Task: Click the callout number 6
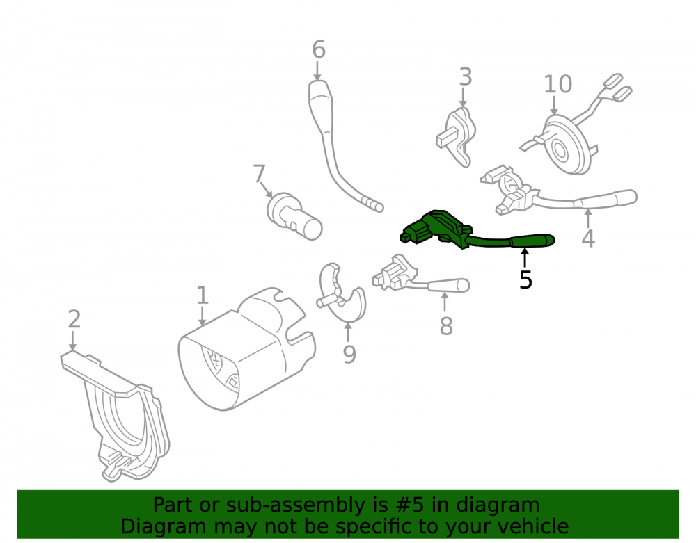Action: [x=319, y=49]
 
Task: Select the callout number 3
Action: [x=465, y=77]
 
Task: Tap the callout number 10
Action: [x=558, y=84]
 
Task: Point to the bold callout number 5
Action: [x=525, y=280]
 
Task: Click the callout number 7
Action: [x=260, y=174]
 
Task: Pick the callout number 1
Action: [x=203, y=295]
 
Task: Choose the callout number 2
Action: [x=74, y=319]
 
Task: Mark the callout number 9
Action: [x=349, y=354]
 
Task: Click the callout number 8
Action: [x=446, y=326]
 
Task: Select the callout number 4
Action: [x=588, y=238]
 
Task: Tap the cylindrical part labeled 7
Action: [x=294, y=216]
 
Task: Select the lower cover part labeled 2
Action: [x=116, y=416]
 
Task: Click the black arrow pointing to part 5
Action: [x=525, y=258]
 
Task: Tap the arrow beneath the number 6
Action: [x=318, y=71]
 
